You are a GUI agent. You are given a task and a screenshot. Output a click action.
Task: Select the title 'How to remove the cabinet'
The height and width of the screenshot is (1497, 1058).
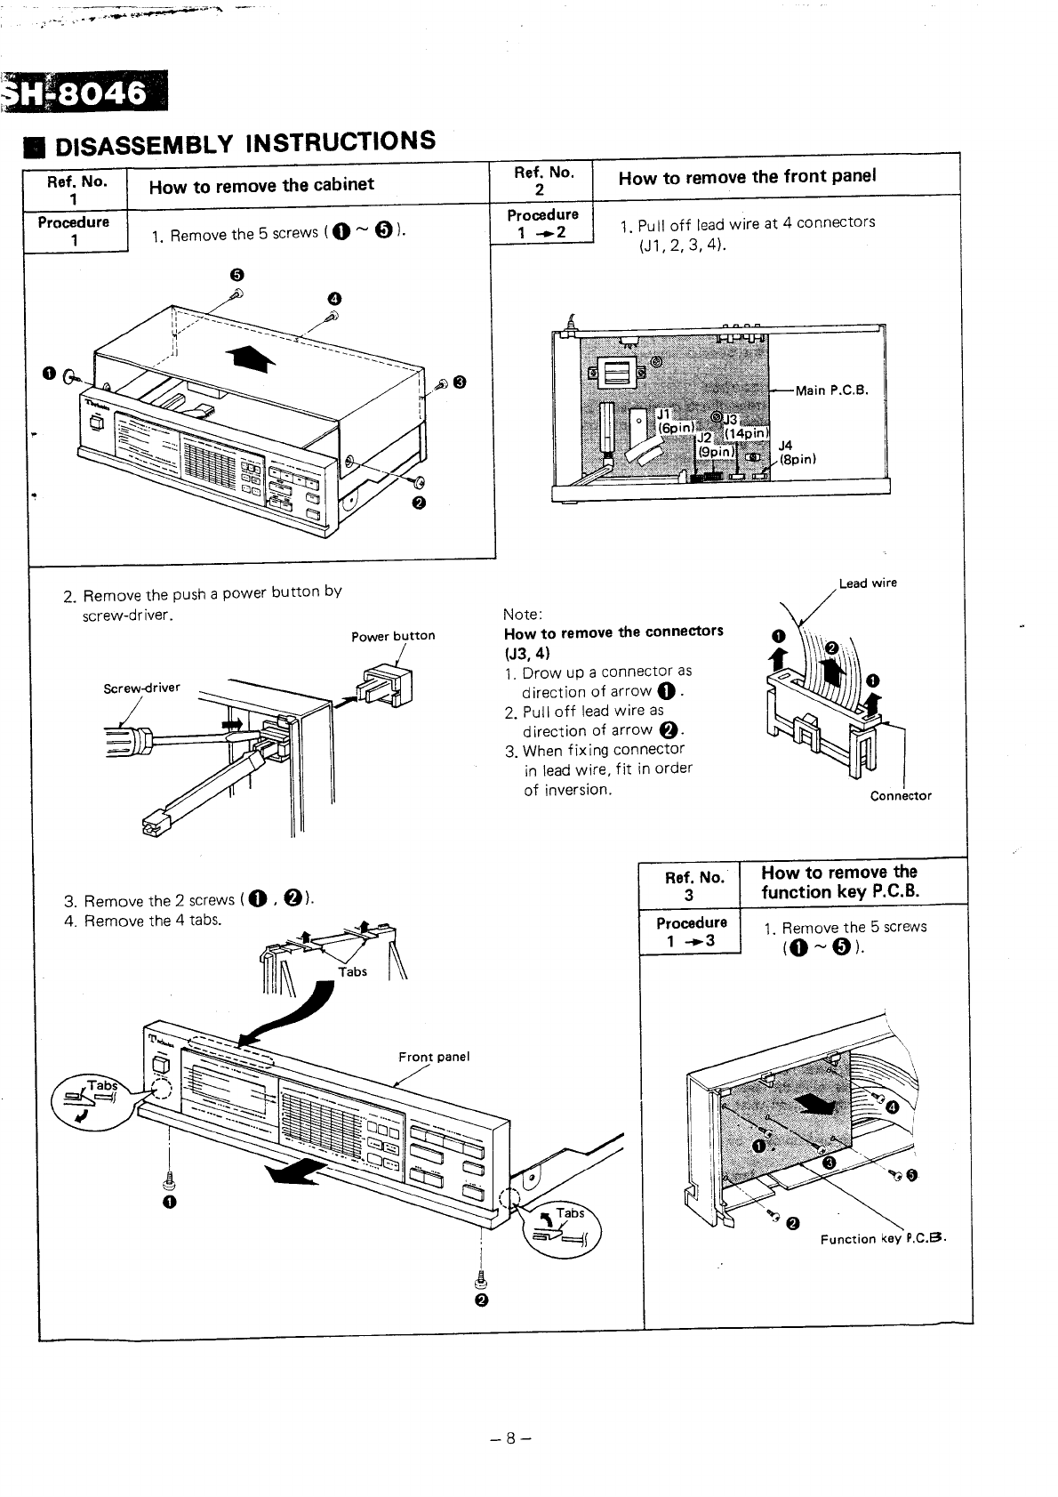click(261, 185)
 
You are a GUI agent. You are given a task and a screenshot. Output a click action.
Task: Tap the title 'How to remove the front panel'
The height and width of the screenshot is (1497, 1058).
click(747, 176)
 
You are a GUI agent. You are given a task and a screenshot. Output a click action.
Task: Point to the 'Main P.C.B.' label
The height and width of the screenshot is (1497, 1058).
click(830, 390)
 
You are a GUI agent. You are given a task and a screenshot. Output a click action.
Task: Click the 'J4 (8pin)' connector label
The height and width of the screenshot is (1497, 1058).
click(790, 452)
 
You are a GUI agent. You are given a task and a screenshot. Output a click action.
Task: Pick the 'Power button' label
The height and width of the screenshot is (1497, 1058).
click(393, 635)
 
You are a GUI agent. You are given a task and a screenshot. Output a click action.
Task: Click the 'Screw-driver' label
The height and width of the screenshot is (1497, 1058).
click(142, 688)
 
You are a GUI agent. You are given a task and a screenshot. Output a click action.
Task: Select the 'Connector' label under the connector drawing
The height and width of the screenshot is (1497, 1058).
click(901, 795)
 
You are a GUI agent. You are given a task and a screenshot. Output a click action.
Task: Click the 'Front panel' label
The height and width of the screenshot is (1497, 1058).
click(433, 1057)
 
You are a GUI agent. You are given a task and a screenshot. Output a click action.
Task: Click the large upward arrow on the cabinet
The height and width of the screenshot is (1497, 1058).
click(250, 358)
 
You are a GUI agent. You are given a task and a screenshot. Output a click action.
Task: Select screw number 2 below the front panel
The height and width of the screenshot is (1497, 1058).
click(481, 1282)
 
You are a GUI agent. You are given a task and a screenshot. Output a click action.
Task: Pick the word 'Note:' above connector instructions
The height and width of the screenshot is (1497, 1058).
click(523, 615)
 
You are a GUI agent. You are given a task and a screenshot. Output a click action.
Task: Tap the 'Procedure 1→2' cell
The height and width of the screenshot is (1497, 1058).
click(542, 223)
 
